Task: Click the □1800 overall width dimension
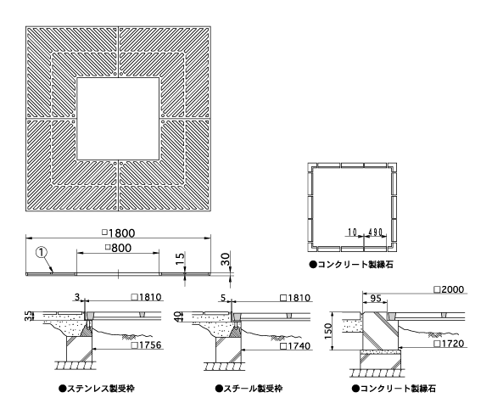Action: tap(119, 233)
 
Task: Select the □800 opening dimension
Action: tap(118, 248)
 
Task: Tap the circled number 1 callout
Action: tap(42, 252)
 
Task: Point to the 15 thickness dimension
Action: tap(180, 259)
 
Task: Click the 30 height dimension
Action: tap(226, 259)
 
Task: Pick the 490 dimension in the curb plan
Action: tap(375, 232)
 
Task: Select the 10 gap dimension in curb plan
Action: tap(352, 232)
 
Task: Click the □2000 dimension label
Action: tap(449, 289)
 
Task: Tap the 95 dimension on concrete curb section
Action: tap(375, 298)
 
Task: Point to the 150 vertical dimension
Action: tap(327, 331)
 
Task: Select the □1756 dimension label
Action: tap(146, 345)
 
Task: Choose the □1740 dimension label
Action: tap(295, 345)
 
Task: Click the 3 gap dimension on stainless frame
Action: tap(77, 297)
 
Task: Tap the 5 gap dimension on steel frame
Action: tap(223, 298)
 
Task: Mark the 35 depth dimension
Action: tap(29, 316)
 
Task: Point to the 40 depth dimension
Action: tap(177, 317)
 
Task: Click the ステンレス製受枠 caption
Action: tap(97, 389)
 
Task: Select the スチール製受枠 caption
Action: tap(249, 389)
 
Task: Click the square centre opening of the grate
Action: tap(118, 119)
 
